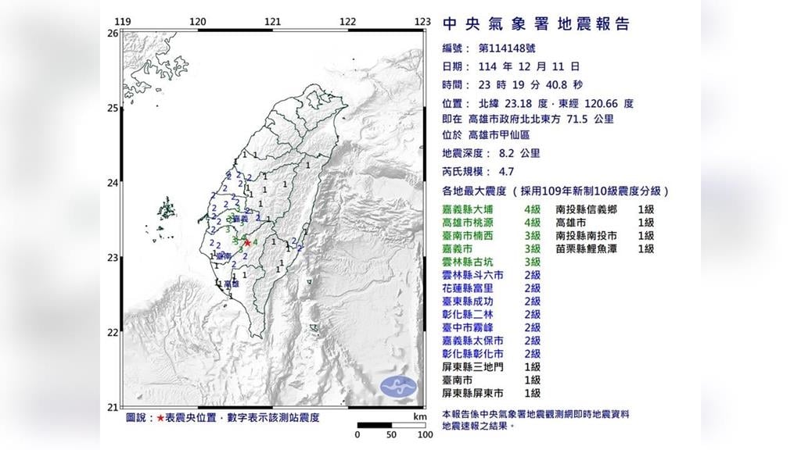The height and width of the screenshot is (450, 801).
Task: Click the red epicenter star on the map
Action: [248, 242]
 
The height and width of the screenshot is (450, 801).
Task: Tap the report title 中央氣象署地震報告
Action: [536, 23]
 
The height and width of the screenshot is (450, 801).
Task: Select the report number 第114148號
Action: [516, 48]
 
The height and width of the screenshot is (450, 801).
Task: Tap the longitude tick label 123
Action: [422, 22]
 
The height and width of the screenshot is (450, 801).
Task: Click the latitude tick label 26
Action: [113, 34]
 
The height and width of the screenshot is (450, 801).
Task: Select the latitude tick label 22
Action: [113, 332]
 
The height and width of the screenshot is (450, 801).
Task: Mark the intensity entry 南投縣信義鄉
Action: [586, 209]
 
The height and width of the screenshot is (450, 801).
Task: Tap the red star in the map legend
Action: [161, 418]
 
